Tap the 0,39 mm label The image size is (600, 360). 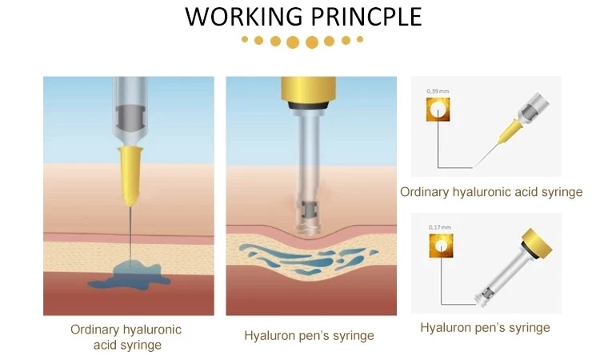[438, 93]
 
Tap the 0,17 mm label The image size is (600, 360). [439, 228]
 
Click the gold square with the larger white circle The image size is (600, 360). [438, 111]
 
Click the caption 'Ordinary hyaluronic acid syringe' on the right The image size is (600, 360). [490, 192]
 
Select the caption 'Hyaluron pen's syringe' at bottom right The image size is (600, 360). [485, 327]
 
